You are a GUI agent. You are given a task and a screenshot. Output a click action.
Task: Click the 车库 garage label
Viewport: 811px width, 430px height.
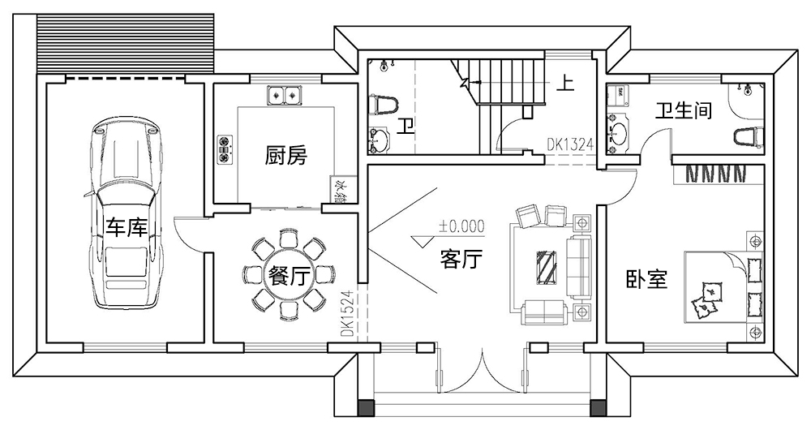coord(126,226)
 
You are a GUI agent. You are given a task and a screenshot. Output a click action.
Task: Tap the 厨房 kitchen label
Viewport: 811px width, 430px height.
coord(286,155)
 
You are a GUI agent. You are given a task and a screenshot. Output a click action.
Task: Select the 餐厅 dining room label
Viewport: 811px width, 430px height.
coord(286,276)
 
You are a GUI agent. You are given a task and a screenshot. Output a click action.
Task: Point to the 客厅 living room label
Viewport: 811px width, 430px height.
coord(461,259)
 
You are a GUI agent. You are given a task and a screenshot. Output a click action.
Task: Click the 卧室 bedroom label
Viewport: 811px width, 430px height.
coord(646,279)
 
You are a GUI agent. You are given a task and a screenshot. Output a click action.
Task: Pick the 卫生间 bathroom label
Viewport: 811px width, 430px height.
coord(684,110)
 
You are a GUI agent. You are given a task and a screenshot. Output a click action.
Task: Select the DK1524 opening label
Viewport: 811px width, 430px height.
coord(346,314)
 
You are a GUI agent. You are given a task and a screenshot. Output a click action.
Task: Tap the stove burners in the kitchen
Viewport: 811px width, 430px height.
coord(223,150)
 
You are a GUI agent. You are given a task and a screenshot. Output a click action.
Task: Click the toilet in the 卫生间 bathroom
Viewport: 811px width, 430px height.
coord(749,137)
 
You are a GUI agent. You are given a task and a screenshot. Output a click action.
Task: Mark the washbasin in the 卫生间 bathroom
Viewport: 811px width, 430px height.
coord(620,132)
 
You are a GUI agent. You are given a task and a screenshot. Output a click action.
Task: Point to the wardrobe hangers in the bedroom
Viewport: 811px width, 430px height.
coord(718,173)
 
